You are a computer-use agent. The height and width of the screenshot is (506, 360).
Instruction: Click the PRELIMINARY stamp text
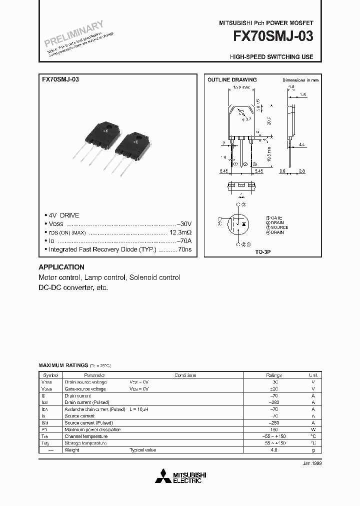pos(73,33)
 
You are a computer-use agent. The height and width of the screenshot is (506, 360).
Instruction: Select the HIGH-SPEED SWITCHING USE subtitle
pos(271,57)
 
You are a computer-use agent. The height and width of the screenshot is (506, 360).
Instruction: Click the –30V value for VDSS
pos(183,223)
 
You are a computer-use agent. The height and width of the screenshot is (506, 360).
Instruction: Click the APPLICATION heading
pos(61,267)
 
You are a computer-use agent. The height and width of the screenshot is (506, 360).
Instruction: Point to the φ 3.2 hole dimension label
pos(246,119)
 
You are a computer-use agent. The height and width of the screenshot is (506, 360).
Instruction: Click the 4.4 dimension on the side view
pos(301,144)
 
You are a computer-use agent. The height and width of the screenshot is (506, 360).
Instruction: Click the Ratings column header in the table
pos(274,375)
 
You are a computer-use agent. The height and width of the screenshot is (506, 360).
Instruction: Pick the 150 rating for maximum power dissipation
pos(274,429)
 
